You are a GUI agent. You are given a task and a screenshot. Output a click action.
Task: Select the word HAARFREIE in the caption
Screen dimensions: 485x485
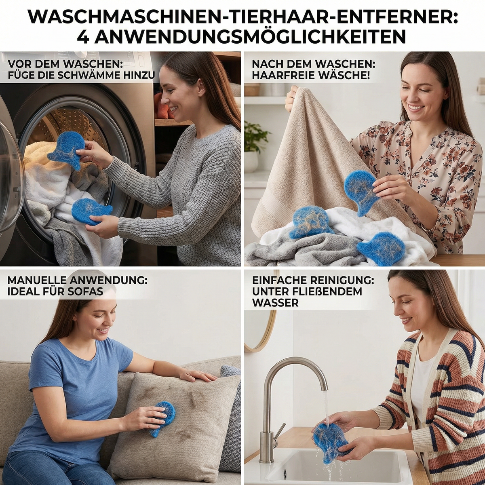click(x=281, y=75)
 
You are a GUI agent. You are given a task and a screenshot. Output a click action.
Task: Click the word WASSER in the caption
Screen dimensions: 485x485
click(x=275, y=303)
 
